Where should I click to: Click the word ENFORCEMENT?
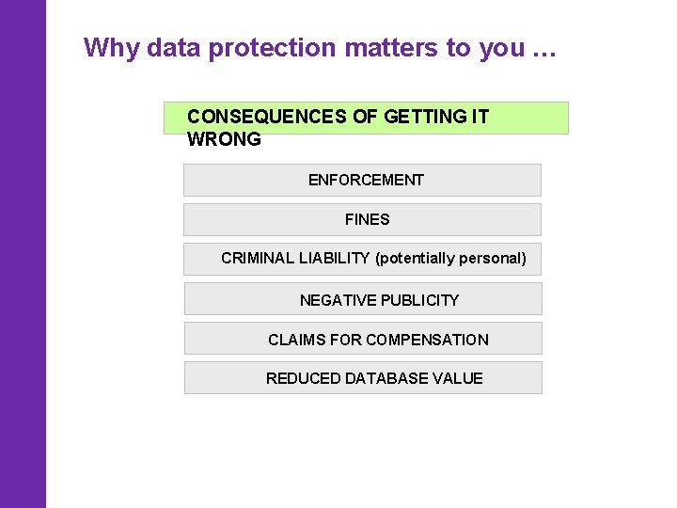[366, 180]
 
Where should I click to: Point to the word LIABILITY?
[334, 258]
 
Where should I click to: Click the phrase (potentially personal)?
[450, 258]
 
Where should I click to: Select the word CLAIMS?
[296, 340]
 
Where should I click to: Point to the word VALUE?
[458, 378]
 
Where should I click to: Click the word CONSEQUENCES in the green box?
[267, 117]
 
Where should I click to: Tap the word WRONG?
[224, 139]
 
